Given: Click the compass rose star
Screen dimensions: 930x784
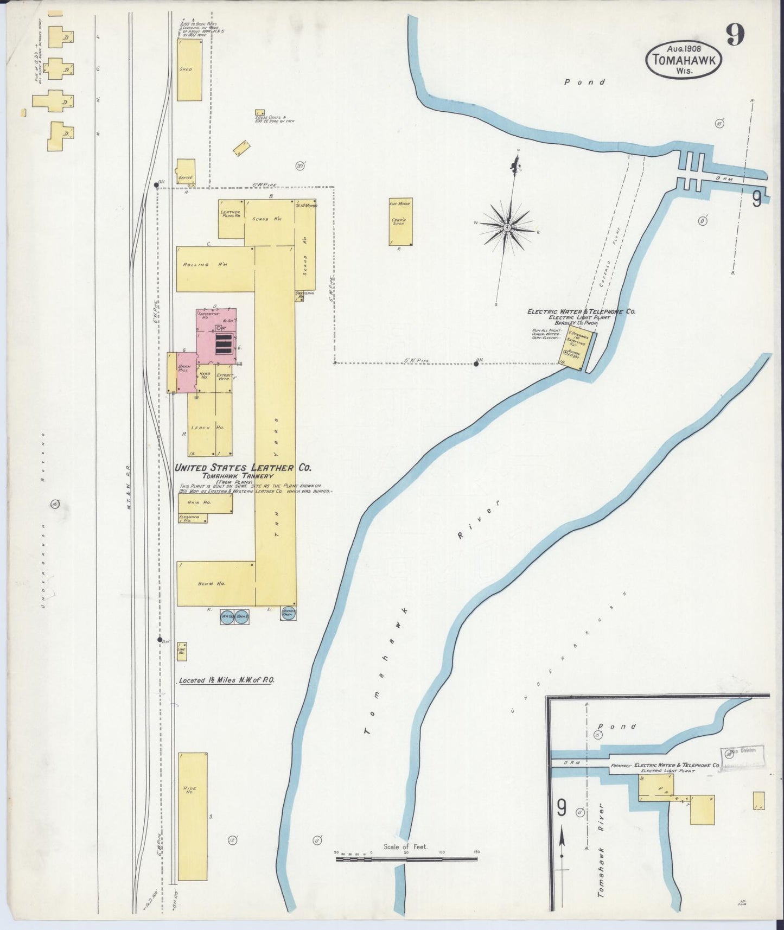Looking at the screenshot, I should coord(506,227).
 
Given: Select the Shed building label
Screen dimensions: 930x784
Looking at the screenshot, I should coord(186,69).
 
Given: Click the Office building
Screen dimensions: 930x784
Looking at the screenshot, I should coord(186,171).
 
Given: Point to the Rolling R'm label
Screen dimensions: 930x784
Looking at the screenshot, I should coord(196,265).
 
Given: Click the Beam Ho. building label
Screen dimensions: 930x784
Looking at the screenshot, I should coord(204,584).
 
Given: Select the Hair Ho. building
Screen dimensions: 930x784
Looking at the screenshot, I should coord(205,503).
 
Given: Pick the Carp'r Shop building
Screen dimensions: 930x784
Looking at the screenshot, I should coord(400,221).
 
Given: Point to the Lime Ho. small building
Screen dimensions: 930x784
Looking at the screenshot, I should coord(182,651).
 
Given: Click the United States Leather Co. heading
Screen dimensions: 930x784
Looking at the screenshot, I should coord(243,468).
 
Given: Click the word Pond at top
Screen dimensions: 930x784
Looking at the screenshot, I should coord(584,82).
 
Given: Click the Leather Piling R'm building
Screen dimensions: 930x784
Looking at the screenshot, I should coord(231,219).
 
